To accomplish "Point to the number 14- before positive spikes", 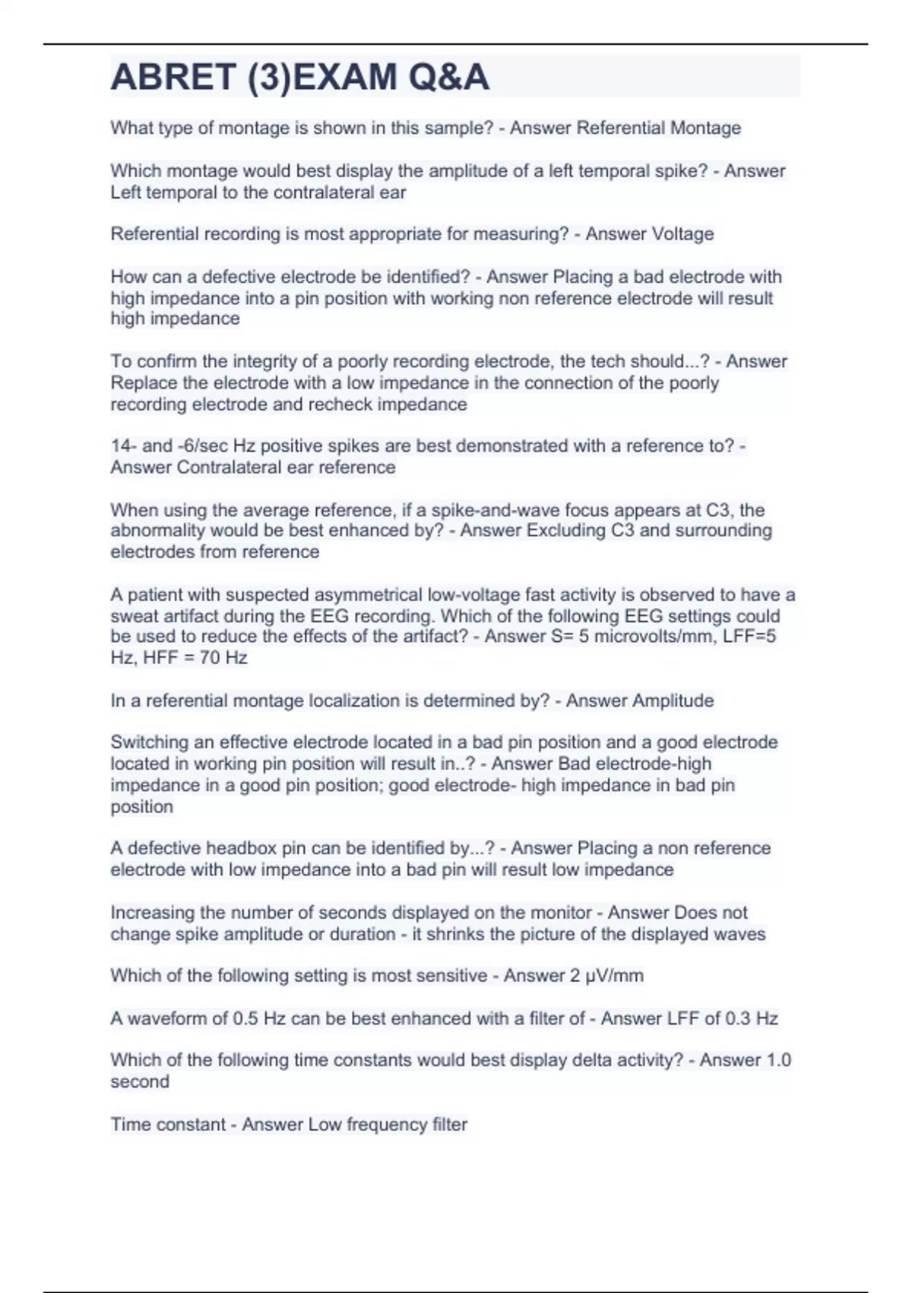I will [x=123, y=446].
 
